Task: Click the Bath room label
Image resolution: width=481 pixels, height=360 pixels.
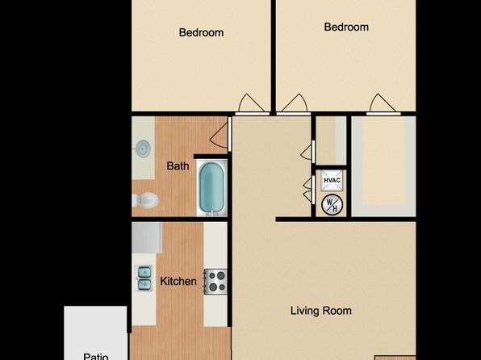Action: point(178,166)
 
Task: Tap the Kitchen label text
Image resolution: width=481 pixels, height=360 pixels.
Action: point(178,281)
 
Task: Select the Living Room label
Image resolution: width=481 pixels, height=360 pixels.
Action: point(321,311)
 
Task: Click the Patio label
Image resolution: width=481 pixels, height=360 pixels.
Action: point(96,356)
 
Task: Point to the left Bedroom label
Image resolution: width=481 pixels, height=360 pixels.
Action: point(201,32)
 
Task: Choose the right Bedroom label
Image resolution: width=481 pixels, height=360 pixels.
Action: point(346,27)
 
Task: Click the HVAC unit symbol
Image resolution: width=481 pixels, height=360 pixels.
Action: point(332,180)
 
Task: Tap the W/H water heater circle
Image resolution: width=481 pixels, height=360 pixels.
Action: point(332,205)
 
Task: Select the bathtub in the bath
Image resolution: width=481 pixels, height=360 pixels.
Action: point(211,187)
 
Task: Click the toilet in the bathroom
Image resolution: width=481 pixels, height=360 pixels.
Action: point(145,200)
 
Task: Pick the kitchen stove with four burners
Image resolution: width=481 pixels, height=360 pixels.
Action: point(215,282)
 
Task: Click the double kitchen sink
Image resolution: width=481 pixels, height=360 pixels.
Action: point(144,278)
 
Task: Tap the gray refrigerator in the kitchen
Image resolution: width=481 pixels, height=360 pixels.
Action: point(147,238)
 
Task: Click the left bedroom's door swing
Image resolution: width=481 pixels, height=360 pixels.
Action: point(252,104)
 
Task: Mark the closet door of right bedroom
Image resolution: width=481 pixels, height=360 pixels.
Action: point(383,104)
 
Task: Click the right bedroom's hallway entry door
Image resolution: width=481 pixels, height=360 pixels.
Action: point(294,104)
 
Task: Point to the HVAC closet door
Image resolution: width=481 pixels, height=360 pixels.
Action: point(308,190)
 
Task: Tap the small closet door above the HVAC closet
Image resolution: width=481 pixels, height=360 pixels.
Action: point(307,152)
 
